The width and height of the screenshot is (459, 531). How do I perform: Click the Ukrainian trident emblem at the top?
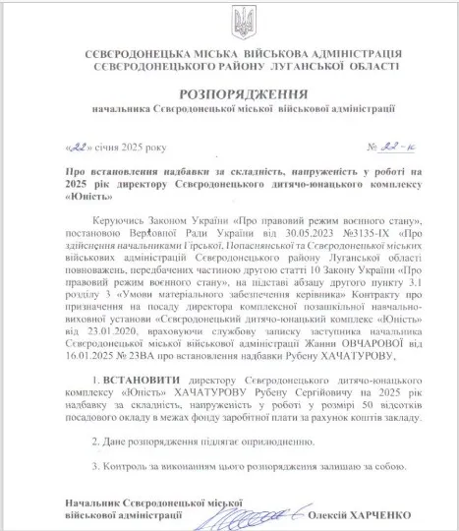click(229, 21)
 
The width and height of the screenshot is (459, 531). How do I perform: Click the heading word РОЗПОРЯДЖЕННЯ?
click(229, 93)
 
